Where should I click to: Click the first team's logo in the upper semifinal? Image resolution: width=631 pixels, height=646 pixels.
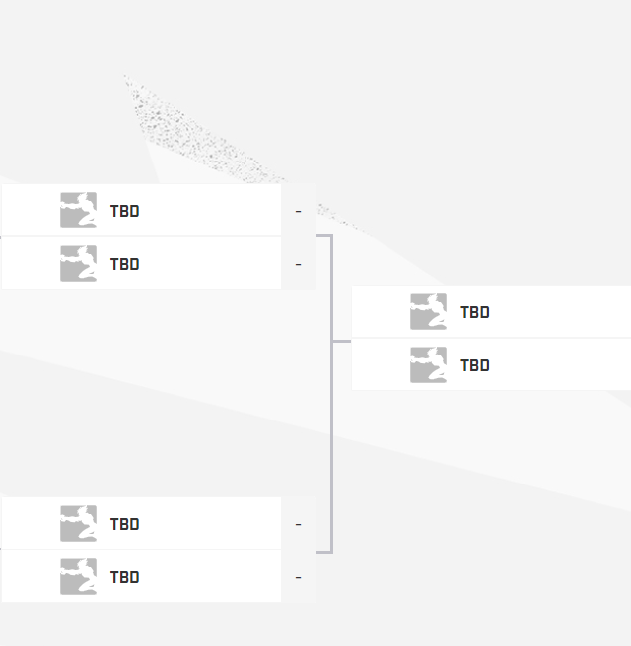click(78, 211)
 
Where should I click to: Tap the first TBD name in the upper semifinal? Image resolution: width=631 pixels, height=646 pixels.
click(124, 211)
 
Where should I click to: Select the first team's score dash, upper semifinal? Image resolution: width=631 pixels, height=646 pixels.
click(298, 211)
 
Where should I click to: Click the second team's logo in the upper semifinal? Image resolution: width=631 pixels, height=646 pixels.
click(78, 264)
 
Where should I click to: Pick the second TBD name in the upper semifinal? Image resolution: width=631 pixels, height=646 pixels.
click(124, 264)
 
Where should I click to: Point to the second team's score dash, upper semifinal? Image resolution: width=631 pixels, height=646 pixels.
click(298, 264)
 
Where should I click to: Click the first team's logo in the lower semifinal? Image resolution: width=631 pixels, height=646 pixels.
click(78, 524)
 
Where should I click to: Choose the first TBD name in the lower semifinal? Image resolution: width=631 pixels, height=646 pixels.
click(124, 524)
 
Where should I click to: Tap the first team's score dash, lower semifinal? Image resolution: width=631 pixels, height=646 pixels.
click(298, 524)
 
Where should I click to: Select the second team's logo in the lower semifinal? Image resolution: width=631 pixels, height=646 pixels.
click(78, 577)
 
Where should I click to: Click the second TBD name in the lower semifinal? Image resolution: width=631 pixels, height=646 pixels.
click(124, 577)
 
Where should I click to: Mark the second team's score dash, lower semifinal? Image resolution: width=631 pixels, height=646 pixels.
click(298, 577)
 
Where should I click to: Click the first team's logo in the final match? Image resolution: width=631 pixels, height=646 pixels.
click(428, 312)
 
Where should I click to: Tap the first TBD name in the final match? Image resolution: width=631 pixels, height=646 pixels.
click(474, 312)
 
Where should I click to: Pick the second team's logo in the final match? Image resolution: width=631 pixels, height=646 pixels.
click(428, 365)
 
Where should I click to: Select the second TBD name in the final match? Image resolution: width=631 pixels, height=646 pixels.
click(474, 365)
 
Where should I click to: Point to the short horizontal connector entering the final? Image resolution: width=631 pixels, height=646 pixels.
click(342, 341)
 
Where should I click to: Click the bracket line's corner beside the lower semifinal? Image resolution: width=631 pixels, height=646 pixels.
click(330, 551)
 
